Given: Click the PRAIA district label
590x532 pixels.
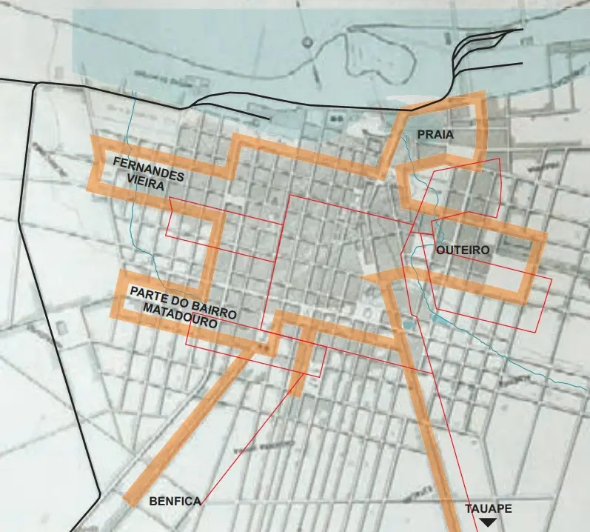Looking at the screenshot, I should pos(435,135).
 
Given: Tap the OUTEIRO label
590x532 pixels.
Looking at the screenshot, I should pos(462,250).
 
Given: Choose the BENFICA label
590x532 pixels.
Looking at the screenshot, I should pos(175,502).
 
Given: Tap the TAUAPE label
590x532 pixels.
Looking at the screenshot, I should pos(488,509).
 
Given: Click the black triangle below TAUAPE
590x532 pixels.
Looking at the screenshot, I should pos(488,523).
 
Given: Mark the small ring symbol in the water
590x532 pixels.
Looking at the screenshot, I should pos(306,42).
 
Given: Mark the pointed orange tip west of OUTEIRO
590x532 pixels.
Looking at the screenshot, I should pos(364,276).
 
